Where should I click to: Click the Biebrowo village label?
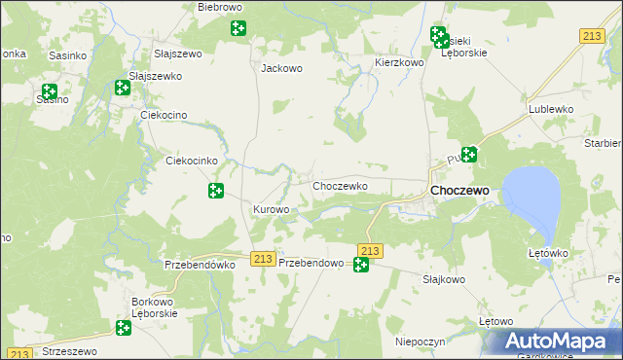219,7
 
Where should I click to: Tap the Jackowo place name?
282,69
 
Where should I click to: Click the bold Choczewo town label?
459,191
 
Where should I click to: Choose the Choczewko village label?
339,185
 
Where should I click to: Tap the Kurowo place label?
272,210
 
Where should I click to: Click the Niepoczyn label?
421,342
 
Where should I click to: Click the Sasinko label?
64,55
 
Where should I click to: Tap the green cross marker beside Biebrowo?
238,28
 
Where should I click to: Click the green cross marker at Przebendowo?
361,264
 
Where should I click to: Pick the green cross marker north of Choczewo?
469,153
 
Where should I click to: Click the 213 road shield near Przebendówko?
261,258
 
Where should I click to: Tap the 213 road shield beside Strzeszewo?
21,353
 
